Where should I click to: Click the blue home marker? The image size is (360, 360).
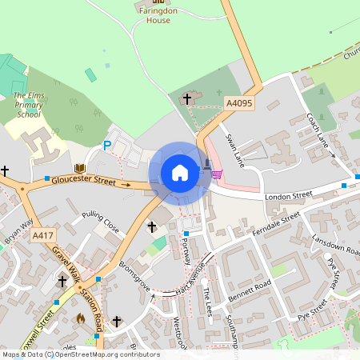(180, 172)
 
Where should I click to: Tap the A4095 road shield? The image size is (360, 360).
(238, 103)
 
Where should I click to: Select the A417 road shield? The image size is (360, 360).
(42, 236)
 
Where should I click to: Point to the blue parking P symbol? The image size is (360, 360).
(106, 146)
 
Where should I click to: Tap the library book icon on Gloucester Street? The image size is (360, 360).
(79, 168)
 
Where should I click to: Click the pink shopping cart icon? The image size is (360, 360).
(216, 173)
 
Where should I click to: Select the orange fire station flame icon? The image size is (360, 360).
(80, 318)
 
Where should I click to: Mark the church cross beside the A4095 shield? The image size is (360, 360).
(188, 99)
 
